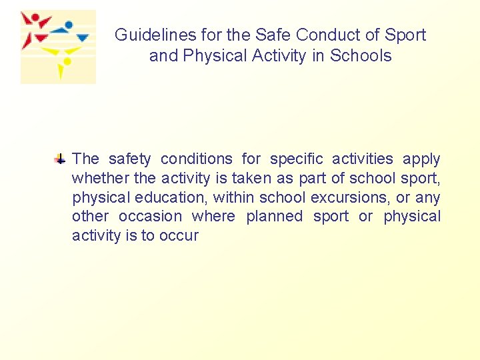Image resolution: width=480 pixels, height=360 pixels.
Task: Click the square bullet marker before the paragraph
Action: click(x=60, y=159)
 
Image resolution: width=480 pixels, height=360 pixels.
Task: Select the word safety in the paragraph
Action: click(x=129, y=159)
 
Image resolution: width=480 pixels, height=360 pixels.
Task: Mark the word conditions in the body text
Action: click(x=197, y=159)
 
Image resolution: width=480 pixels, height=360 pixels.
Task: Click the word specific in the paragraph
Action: click(x=296, y=159)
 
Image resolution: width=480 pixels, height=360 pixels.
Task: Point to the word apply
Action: click(x=421, y=159)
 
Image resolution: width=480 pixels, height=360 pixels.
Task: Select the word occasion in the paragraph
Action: click(x=150, y=217)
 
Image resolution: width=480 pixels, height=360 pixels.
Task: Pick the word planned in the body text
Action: click(x=274, y=217)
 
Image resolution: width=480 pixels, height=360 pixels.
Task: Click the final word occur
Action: click(x=179, y=236)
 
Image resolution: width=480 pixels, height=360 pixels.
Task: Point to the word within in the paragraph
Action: click(x=233, y=197)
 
